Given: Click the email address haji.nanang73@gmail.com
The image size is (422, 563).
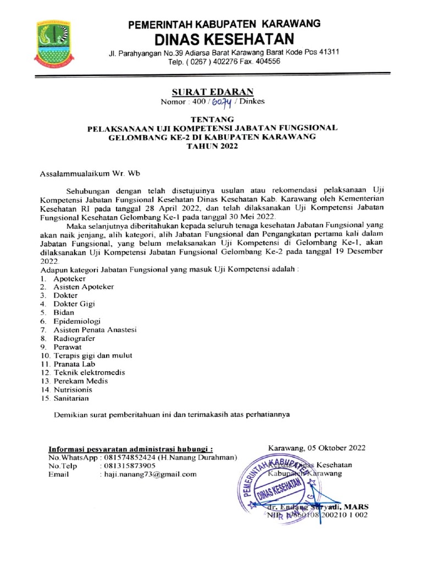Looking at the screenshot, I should pos(150,474).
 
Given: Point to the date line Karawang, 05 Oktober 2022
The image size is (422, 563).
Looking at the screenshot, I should pos(316,448).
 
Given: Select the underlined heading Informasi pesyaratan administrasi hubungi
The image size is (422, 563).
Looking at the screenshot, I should pos(131,449).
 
